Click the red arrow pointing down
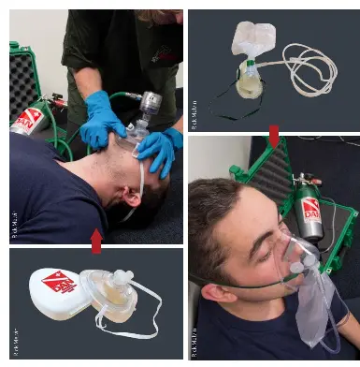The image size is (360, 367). (x=273, y=138)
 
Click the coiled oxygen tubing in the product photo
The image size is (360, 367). (x=310, y=69)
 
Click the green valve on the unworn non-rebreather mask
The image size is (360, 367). (x=250, y=67)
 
